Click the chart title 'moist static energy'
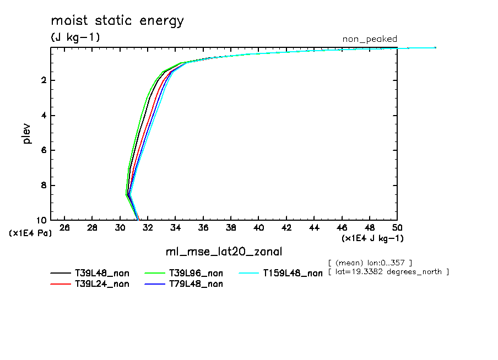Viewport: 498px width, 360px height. point(117,21)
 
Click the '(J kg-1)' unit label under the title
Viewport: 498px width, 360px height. point(75,37)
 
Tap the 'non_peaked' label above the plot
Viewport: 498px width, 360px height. point(370,39)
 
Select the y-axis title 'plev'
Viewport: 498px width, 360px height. point(27,134)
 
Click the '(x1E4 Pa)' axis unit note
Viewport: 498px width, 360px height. point(30,233)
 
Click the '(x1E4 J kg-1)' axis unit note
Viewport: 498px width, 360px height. point(373,238)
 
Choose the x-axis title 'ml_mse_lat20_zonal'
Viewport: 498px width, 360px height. point(224,252)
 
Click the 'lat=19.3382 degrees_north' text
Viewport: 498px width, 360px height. point(388,272)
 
